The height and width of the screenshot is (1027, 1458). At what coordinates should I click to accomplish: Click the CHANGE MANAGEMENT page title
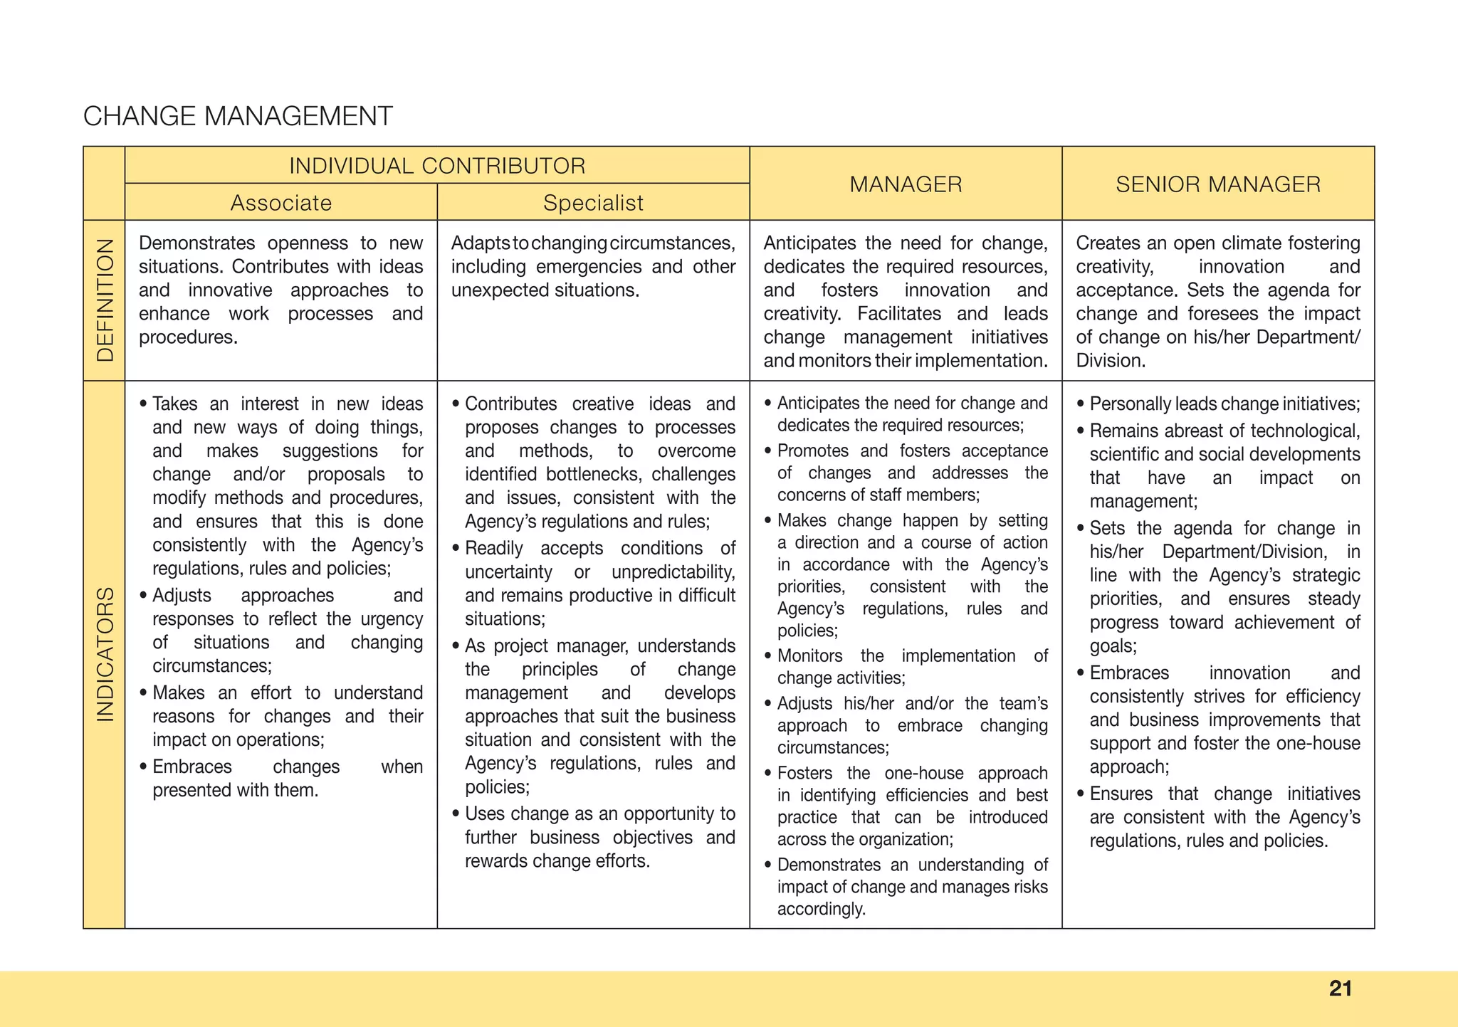(238, 116)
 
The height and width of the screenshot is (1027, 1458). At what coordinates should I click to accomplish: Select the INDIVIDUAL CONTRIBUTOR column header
(437, 166)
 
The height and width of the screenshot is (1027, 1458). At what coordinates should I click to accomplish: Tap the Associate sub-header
(281, 203)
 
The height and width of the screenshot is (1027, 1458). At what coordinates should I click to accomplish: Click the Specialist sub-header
(593, 203)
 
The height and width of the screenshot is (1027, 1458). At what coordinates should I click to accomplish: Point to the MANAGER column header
(906, 184)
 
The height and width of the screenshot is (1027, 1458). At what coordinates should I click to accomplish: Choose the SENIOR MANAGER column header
(1218, 184)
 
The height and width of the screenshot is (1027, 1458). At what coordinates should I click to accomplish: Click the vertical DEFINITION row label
(105, 300)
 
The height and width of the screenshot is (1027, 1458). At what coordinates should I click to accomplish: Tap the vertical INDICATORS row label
(105, 654)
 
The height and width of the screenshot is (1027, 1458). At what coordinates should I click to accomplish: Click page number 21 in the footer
(1341, 988)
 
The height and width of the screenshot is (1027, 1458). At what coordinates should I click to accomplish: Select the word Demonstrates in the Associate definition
(196, 243)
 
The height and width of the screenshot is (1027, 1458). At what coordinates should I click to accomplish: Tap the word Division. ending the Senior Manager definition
(1110, 361)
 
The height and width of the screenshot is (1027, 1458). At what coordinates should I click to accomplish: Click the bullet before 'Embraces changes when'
(144, 767)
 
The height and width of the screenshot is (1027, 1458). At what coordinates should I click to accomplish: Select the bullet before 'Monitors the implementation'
(768, 655)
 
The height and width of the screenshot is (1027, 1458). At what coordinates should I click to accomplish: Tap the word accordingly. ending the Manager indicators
(821, 909)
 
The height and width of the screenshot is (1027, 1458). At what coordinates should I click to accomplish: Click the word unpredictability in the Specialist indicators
(673, 572)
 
